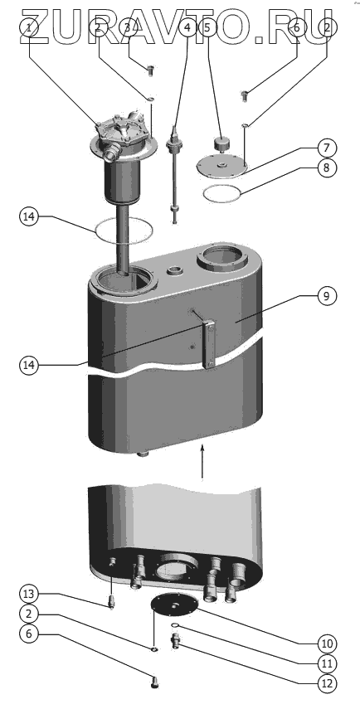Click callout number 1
(29, 27)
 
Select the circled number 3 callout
(129, 27)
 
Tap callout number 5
(207, 27)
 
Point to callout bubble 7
(326, 148)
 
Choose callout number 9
(326, 296)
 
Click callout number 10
(326, 643)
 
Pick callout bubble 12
(326, 683)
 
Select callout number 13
(29, 593)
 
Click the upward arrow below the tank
(202, 461)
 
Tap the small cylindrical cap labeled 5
(221, 143)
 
